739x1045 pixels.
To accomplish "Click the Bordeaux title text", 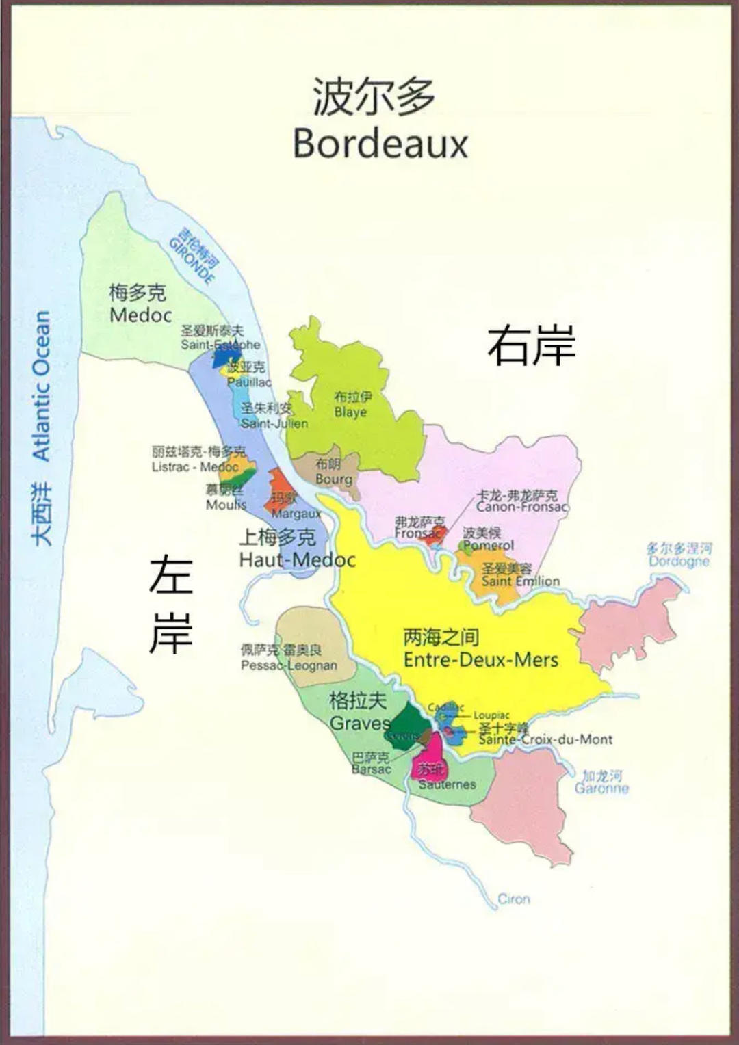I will [x=380, y=144].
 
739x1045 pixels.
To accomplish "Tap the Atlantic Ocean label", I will [x=42, y=386].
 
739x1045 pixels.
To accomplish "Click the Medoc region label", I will [x=140, y=315].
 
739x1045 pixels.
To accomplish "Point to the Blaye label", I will [x=350, y=412].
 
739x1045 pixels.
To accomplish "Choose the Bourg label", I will [x=333, y=479].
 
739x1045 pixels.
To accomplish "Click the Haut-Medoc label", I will [x=297, y=559].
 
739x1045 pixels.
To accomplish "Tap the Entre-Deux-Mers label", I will [x=480, y=660].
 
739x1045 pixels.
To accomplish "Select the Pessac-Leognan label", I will [x=289, y=665].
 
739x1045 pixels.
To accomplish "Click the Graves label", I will [x=359, y=723].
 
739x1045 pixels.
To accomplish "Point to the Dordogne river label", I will [x=679, y=561].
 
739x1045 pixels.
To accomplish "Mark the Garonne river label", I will [x=601, y=789].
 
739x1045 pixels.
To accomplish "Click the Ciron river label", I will [x=513, y=899].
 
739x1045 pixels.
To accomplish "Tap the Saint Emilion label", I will [x=520, y=581].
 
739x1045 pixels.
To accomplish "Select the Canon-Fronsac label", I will [x=521, y=507].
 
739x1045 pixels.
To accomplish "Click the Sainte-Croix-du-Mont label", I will [x=545, y=739].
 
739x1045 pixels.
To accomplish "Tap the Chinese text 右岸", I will [x=531, y=345].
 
